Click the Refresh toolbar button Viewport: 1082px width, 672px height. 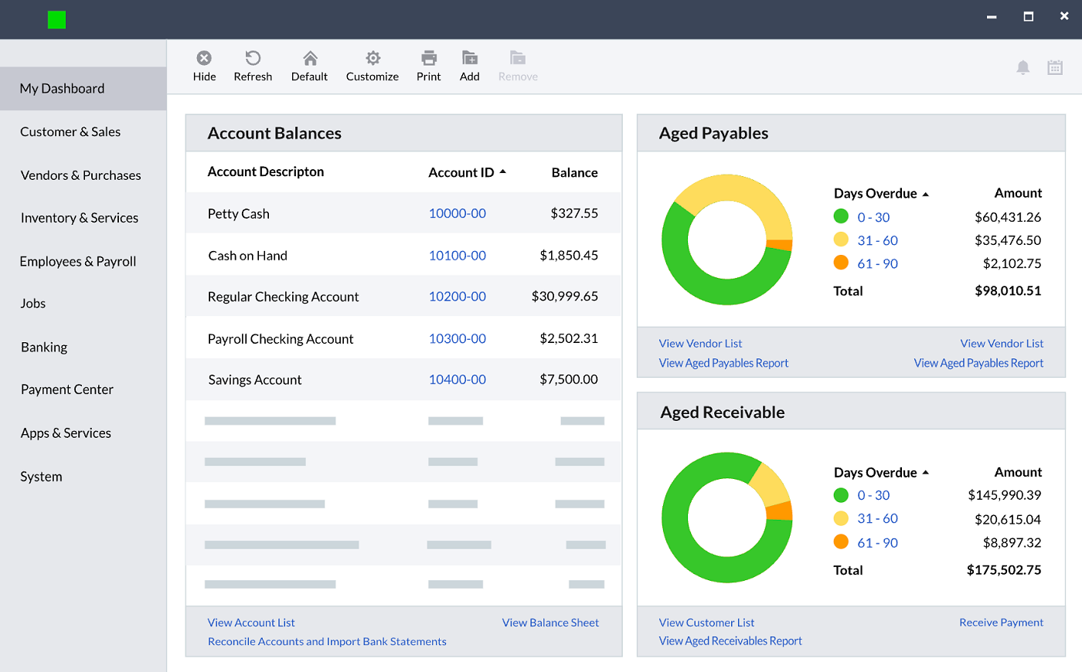(x=253, y=66)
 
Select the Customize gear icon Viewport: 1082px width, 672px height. (x=373, y=59)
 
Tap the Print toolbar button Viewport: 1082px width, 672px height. (x=428, y=66)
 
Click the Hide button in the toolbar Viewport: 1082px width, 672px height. (x=204, y=66)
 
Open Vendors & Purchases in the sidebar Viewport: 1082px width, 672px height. (x=80, y=175)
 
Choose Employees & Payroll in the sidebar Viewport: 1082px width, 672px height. (x=77, y=261)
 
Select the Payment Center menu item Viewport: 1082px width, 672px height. (x=67, y=389)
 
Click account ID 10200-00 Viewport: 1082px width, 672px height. (x=457, y=297)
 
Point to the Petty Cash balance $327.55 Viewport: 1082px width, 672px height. (x=573, y=213)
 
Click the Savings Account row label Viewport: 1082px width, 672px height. (x=254, y=380)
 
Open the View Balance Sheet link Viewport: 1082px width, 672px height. (x=550, y=623)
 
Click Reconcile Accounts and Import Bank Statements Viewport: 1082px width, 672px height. (x=327, y=641)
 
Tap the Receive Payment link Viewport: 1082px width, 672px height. (x=1001, y=623)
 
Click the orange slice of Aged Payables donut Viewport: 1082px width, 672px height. (x=780, y=246)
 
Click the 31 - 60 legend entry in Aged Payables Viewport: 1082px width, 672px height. (x=877, y=240)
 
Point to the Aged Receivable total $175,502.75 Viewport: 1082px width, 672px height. (x=1003, y=570)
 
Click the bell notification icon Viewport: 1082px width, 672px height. (x=1022, y=67)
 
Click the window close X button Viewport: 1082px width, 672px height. (x=1064, y=16)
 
